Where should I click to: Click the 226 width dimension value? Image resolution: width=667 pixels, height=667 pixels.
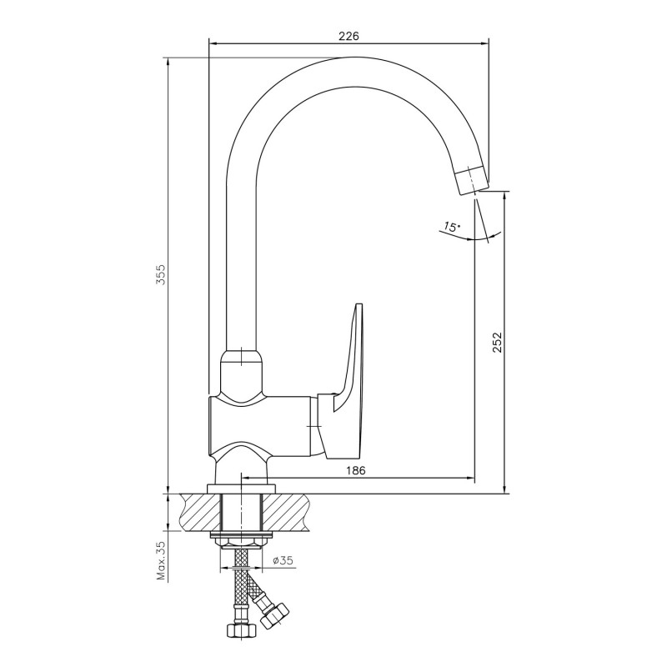(x=349, y=36)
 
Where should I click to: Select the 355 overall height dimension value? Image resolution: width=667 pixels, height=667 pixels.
(x=160, y=274)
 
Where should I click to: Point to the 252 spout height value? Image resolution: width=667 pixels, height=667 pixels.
(x=497, y=342)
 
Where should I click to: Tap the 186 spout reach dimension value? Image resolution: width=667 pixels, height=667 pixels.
(x=355, y=470)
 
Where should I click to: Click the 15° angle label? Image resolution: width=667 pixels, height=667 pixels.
(x=451, y=226)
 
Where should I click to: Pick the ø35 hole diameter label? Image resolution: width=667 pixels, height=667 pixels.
(x=283, y=560)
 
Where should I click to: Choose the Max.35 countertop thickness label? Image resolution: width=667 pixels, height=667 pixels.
(x=161, y=561)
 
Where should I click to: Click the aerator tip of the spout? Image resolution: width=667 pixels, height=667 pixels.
(x=471, y=181)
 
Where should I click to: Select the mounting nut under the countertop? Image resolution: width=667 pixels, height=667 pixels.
(x=241, y=540)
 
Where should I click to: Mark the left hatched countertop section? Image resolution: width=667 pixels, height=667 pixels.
(x=201, y=512)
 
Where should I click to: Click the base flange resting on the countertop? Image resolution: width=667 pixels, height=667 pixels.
(x=241, y=489)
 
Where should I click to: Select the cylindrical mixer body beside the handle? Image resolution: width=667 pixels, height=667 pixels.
(x=263, y=425)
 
